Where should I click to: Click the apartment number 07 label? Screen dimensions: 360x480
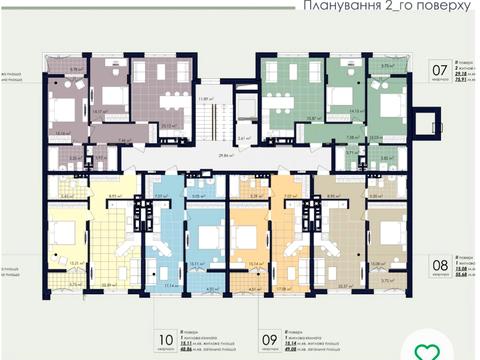(x=438, y=71)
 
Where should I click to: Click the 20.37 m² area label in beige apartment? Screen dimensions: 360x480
(x=347, y=285)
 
